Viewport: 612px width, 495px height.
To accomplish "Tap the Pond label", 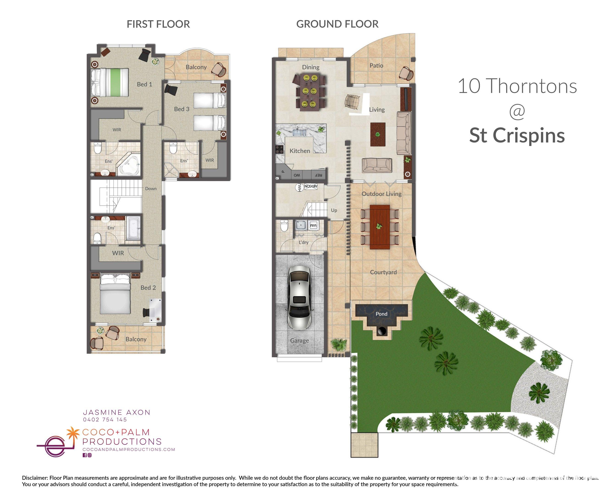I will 381,314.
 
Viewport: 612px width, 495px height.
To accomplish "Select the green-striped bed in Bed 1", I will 110,83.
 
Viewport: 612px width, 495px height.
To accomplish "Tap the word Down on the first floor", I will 151,188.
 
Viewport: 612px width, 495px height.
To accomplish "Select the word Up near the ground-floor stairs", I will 334,210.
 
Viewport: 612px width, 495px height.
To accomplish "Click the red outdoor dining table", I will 379,227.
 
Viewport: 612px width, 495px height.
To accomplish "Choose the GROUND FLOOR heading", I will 337,24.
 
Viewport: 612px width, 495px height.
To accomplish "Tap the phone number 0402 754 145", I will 105,419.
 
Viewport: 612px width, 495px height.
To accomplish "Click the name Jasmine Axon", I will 116,412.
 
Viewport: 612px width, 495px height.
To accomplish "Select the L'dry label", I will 303,242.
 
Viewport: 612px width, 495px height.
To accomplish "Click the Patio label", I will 376,66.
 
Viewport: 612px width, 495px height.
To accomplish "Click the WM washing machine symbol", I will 313,225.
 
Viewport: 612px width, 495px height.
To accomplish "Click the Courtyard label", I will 383,272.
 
